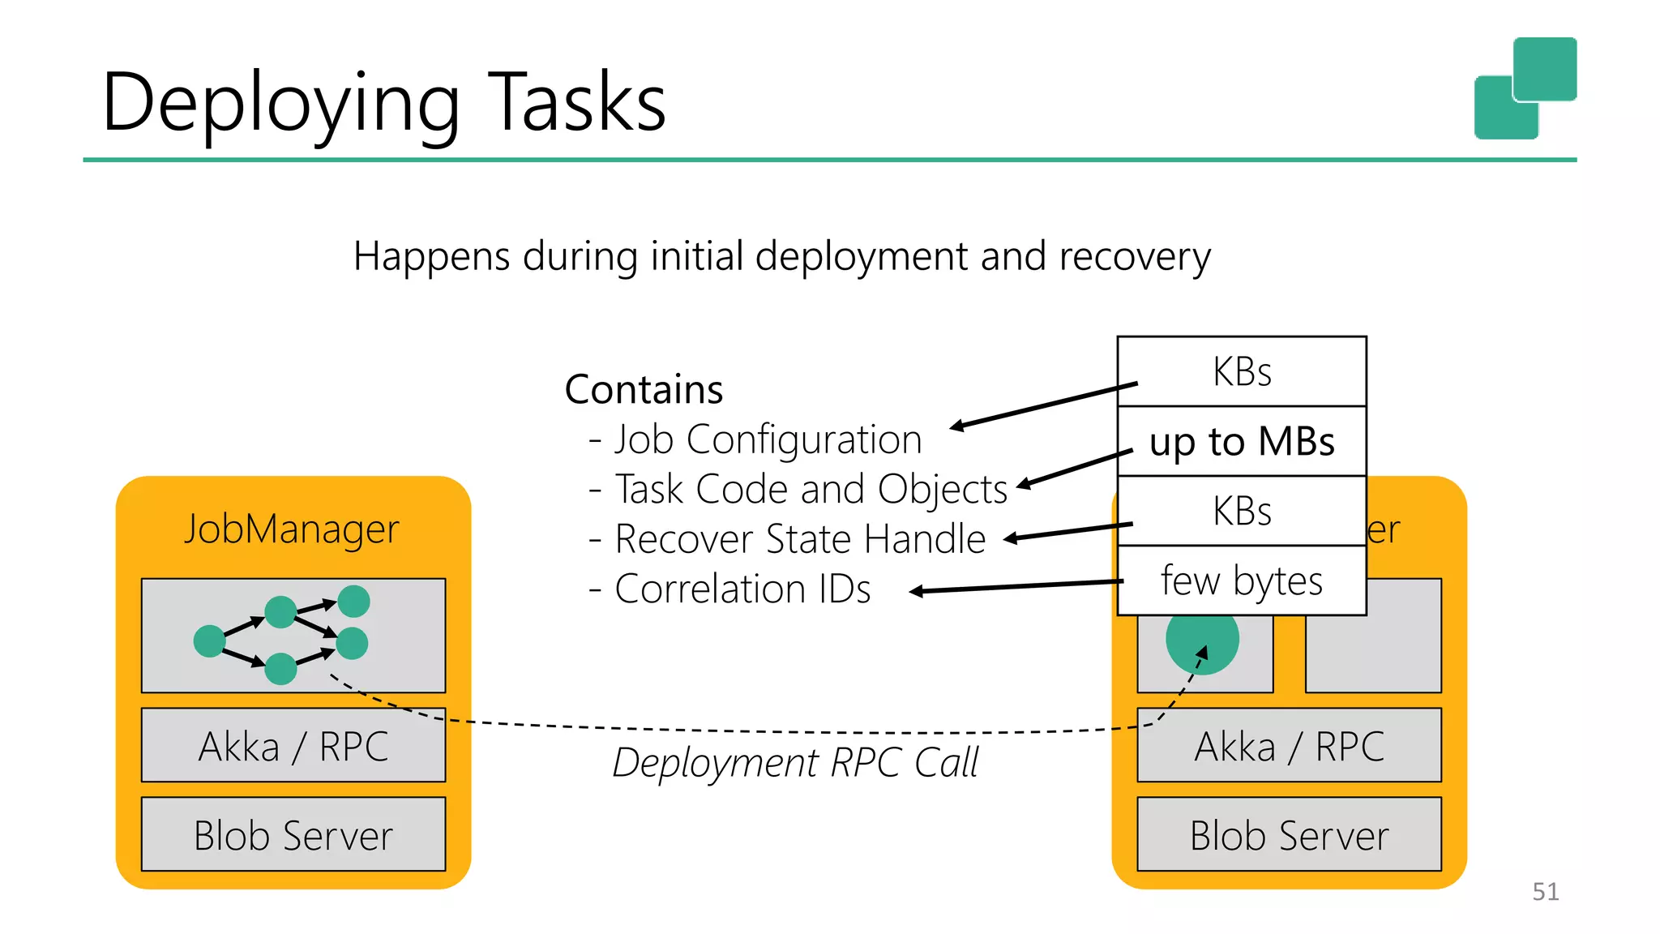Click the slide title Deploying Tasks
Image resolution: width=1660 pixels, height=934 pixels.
coord(383,103)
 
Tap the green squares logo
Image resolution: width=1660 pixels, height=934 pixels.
coord(1525,88)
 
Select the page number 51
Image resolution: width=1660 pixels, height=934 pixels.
coord(1545,891)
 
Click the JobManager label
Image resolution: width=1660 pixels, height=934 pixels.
coord(292,529)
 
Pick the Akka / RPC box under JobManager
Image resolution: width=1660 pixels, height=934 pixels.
coord(293,745)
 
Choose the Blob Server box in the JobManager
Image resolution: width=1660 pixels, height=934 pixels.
coord(293,834)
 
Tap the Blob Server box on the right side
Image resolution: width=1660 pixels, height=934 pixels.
coord(1289,834)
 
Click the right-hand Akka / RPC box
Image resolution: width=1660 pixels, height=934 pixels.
coord(1289,745)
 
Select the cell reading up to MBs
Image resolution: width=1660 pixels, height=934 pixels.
coord(1242,442)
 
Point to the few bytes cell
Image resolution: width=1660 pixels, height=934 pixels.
coord(1242,581)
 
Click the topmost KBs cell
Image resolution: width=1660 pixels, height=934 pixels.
coord(1242,371)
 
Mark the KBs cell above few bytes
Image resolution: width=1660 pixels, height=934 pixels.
coord(1242,511)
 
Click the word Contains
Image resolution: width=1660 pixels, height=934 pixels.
coord(644,389)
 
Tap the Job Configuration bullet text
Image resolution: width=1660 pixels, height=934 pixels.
coord(767,439)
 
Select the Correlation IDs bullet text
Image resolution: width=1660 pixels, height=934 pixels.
coord(742,589)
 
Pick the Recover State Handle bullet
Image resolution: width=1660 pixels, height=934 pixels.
coord(799,539)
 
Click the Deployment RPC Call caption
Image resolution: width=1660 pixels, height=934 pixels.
coord(795,762)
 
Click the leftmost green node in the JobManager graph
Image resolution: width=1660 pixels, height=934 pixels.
coord(209,641)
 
